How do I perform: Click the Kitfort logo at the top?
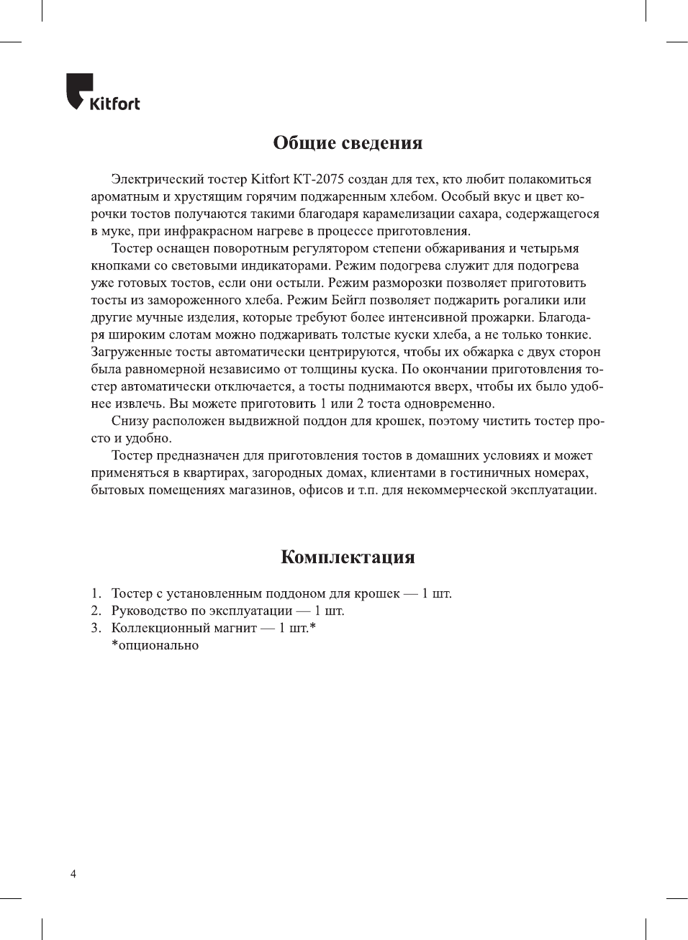(x=103, y=93)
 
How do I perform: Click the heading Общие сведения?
(x=348, y=142)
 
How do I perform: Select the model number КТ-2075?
(x=319, y=179)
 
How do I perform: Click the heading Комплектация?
(x=348, y=557)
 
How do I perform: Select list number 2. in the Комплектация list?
(x=96, y=611)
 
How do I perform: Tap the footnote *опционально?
(x=155, y=645)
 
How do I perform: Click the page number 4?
(x=73, y=874)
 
